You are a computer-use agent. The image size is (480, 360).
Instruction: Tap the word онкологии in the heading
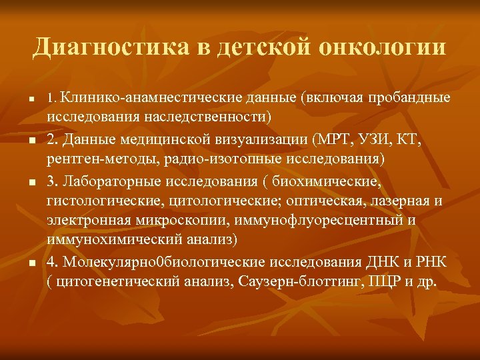point(384,47)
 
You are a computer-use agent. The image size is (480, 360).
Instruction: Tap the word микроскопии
point(190,221)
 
